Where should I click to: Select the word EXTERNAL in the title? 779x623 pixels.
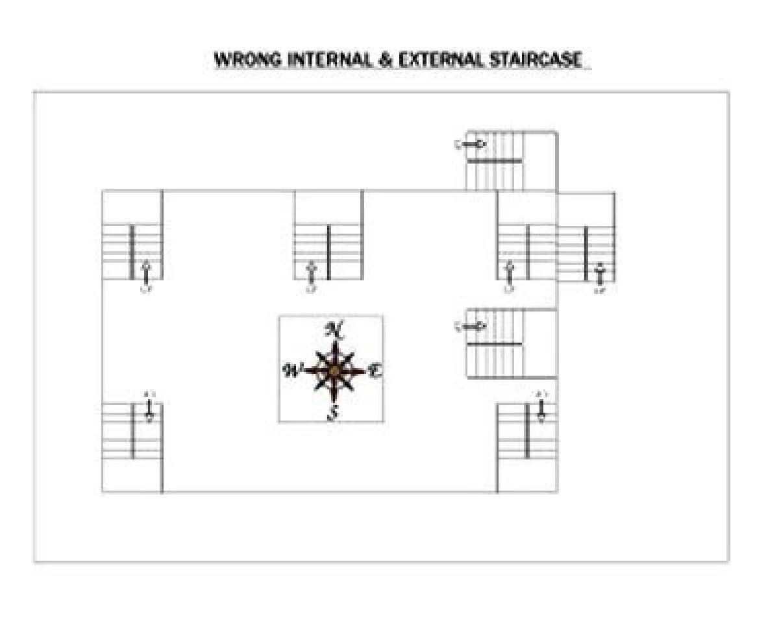coord(441,60)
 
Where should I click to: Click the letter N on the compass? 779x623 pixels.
coord(334,330)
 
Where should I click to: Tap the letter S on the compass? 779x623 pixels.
coord(333,413)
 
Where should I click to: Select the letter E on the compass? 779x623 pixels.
coord(375,371)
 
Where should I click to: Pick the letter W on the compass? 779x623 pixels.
coord(293,371)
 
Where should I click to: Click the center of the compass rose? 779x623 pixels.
coord(334,371)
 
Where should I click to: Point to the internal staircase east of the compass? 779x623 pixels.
coord(511,343)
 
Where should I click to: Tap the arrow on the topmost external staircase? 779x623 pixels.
coord(472,145)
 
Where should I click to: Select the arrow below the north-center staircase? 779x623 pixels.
coord(312,273)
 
